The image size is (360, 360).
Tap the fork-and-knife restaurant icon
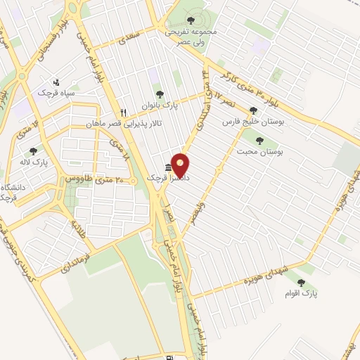tap(123, 112)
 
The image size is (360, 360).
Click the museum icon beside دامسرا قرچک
tap(167, 167)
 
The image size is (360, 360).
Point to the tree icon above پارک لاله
tap(33, 150)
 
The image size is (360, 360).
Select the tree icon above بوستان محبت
tap(261, 139)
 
